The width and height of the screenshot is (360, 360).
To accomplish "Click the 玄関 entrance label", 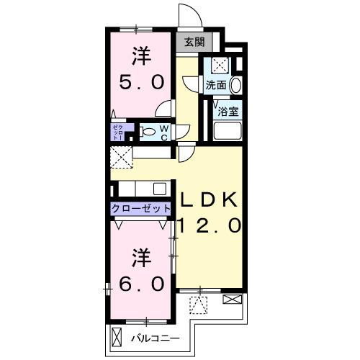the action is pyautogui.click(x=194, y=42).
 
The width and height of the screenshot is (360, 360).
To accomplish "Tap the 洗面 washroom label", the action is pyautogui.click(x=216, y=85).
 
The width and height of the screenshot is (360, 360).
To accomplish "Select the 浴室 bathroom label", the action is pyautogui.click(x=228, y=112).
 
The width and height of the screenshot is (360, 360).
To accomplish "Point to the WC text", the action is pyautogui.click(x=164, y=133).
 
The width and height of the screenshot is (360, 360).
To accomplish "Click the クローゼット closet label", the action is pyautogui.click(x=141, y=209).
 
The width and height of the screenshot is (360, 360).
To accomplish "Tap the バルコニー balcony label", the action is pyautogui.click(x=156, y=338).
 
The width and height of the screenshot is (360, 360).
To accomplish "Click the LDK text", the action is pyautogui.click(x=209, y=199).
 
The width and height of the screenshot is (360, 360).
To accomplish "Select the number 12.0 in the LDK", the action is pyautogui.click(x=209, y=226).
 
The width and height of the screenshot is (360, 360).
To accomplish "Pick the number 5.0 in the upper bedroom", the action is pyautogui.click(x=142, y=82).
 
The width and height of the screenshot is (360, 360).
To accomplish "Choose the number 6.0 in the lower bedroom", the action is pyautogui.click(x=142, y=284).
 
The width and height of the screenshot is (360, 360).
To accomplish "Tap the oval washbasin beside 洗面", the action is pyautogui.click(x=236, y=85).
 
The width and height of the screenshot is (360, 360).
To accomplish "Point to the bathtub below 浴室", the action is pyautogui.click(x=228, y=131).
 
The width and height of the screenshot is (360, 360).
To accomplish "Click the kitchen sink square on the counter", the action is pyautogui.click(x=160, y=189).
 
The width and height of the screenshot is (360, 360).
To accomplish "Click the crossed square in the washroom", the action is pyautogui.click(x=220, y=65).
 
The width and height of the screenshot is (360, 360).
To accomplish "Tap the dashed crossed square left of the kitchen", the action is pyautogui.click(x=121, y=157).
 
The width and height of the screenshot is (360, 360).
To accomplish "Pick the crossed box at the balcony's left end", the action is pyautogui.click(x=117, y=337).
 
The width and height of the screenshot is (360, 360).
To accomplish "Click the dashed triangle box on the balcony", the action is pyautogui.click(x=198, y=305).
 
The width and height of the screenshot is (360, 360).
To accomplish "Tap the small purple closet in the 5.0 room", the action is pyautogui.click(x=120, y=132).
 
